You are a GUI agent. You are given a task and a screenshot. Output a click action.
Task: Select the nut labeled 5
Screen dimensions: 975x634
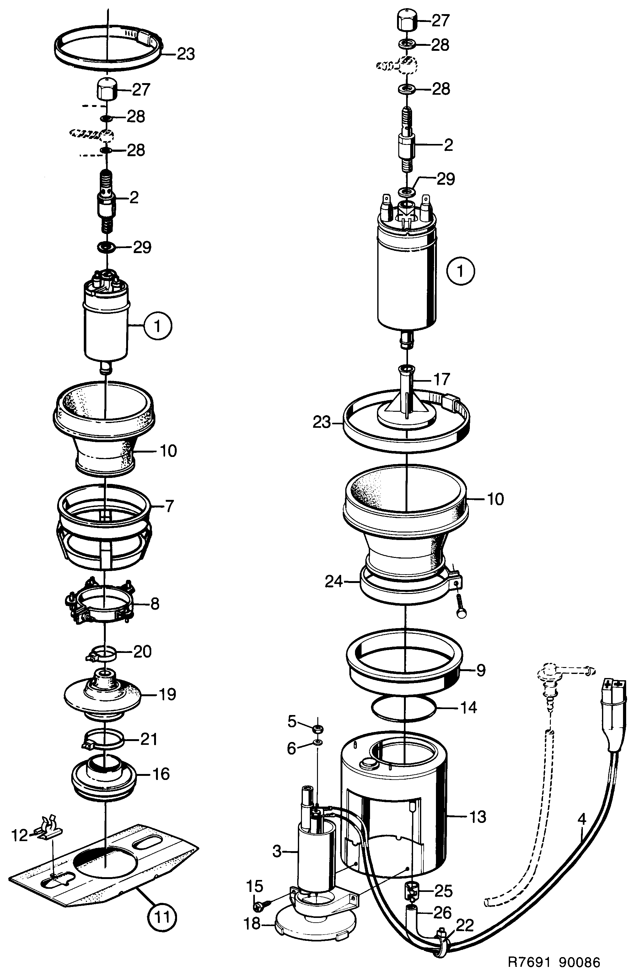(x=317, y=729)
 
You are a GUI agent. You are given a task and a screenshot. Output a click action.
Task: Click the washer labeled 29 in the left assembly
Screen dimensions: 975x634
(x=106, y=247)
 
